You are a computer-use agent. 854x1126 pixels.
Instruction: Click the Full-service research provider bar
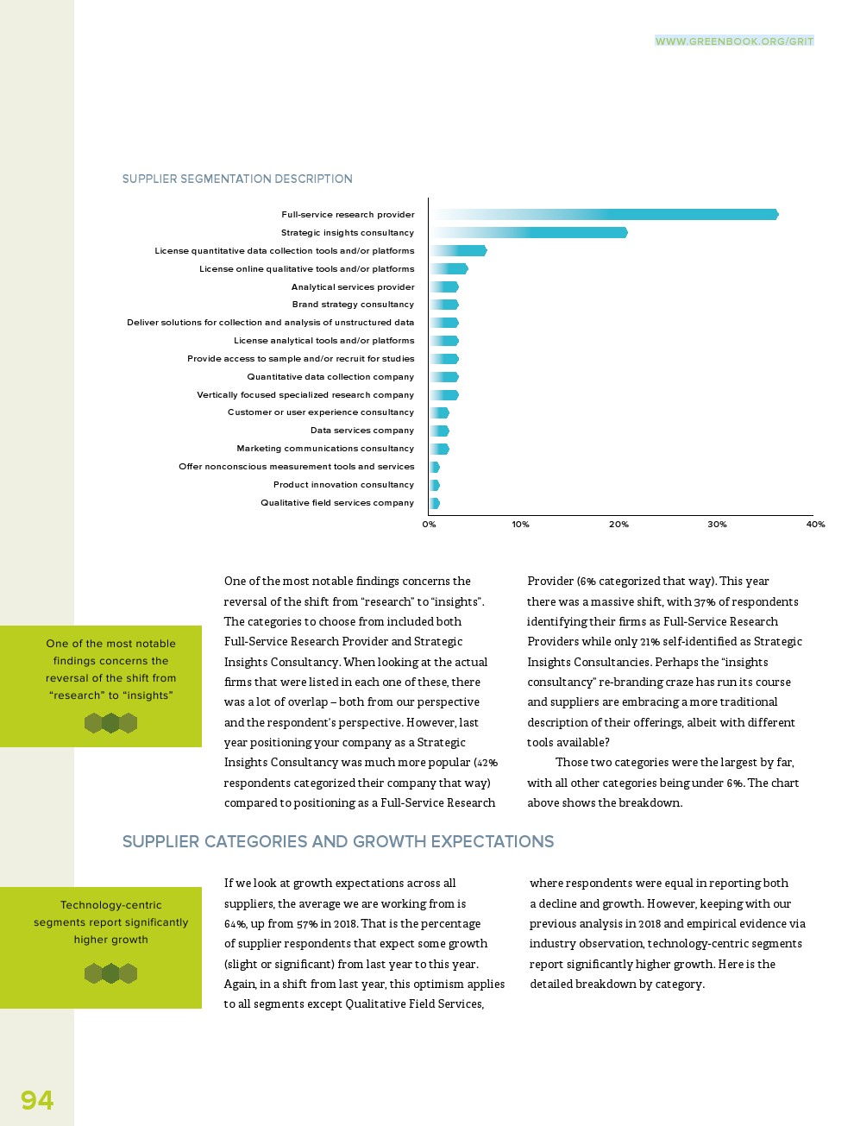[604, 215]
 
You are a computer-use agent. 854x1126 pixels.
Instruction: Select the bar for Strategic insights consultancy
[529, 233]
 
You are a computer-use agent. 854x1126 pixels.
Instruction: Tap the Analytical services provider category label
[353, 287]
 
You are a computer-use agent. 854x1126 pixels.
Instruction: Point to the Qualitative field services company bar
[435, 503]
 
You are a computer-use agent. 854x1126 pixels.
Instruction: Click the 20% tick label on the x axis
[619, 525]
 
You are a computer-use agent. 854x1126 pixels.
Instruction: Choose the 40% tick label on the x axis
[815, 525]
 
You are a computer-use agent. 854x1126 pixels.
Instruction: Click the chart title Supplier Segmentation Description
[237, 179]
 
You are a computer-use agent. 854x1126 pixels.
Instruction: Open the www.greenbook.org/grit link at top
[734, 41]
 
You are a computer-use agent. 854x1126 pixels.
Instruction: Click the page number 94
[37, 1100]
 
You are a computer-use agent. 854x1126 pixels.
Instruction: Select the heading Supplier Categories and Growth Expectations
[338, 842]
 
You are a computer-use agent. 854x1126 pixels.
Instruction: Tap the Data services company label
[362, 431]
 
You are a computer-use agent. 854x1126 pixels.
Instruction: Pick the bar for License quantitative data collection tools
[458, 251]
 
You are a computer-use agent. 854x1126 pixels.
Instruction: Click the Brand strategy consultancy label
[353, 305]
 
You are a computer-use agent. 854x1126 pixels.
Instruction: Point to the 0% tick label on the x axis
[429, 525]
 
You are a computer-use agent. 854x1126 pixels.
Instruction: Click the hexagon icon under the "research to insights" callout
[110, 723]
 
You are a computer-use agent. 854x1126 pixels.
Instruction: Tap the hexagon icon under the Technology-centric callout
[110, 973]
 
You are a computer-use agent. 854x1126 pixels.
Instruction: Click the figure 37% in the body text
[705, 602]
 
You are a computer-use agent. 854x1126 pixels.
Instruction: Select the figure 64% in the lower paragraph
[235, 924]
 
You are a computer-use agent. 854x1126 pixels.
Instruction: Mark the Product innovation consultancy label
[343, 485]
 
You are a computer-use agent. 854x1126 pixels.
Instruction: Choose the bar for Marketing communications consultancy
[439, 449]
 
